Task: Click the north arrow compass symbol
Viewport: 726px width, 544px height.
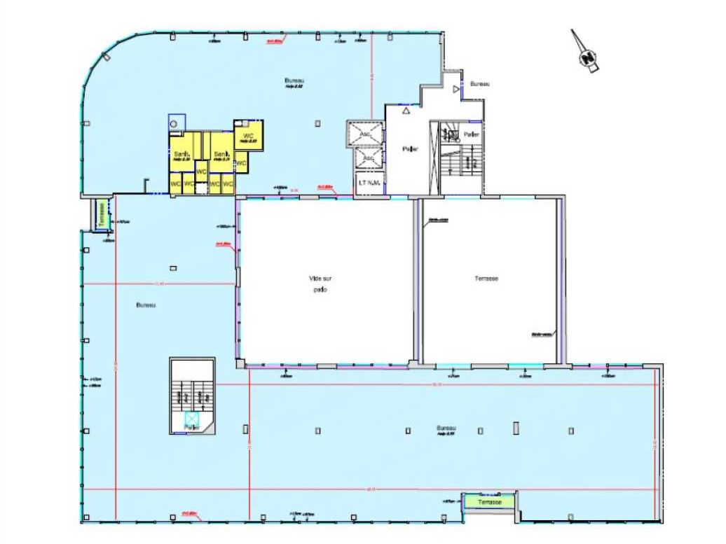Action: click(586, 55)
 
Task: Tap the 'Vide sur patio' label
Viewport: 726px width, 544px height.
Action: click(319, 284)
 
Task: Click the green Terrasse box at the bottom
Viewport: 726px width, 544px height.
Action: click(490, 502)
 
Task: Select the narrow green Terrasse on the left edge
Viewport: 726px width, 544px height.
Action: click(102, 212)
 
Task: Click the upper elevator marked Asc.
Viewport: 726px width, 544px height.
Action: click(365, 133)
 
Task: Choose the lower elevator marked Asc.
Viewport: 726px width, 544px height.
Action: click(369, 158)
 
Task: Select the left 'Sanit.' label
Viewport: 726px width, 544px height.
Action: click(181, 154)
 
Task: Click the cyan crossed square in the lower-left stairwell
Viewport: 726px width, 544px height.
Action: click(191, 419)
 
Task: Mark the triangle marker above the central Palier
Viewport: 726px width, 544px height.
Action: click(406, 111)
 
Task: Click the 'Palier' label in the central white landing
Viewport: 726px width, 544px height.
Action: click(409, 149)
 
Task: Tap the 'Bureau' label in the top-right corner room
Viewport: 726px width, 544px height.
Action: click(479, 83)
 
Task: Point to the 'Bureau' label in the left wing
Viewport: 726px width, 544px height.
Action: click(146, 305)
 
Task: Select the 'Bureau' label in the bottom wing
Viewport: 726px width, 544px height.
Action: click(446, 428)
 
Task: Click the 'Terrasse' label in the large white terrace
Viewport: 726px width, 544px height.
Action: click(486, 279)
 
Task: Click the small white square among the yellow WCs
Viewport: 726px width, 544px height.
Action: click(201, 186)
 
